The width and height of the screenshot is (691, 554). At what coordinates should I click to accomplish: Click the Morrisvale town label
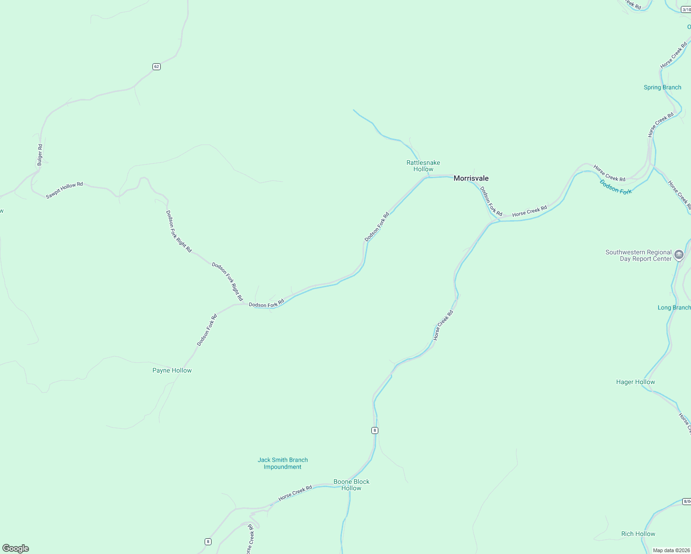[x=471, y=178]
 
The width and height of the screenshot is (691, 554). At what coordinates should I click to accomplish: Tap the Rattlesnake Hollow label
[x=423, y=166]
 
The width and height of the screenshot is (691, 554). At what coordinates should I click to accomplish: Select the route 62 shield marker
[x=157, y=66]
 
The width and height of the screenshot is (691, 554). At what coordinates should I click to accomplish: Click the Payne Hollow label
[x=172, y=370]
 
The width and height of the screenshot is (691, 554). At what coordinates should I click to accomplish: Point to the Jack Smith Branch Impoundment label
[x=283, y=463]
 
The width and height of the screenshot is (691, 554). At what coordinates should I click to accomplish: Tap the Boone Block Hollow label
[x=352, y=485]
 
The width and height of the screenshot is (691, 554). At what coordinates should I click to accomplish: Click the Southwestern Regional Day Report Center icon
[x=679, y=255]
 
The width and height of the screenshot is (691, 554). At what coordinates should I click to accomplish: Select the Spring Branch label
[x=662, y=87]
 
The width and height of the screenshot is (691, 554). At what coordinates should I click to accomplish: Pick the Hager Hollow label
[x=636, y=382]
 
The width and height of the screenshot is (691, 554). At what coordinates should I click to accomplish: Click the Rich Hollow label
[x=638, y=534]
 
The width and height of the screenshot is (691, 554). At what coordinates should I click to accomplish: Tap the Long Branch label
[x=674, y=307]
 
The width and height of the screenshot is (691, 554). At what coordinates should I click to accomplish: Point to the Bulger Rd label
[x=40, y=155]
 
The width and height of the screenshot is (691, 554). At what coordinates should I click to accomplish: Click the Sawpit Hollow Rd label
[x=64, y=190]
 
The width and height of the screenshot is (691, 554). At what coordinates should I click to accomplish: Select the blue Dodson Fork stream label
[x=616, y=187]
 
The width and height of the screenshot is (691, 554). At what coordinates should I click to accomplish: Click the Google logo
[x=16, y=548]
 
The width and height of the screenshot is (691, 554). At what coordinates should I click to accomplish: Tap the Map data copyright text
[x=671, y=550]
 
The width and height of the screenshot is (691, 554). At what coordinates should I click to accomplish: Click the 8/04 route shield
[x=687, y=501]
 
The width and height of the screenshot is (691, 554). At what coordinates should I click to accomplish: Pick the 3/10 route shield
[x=686, y=9]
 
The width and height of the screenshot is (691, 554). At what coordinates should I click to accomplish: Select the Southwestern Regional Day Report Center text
[x=638, y=255]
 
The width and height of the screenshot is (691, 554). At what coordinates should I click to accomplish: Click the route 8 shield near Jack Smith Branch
[x=375, y=430]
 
